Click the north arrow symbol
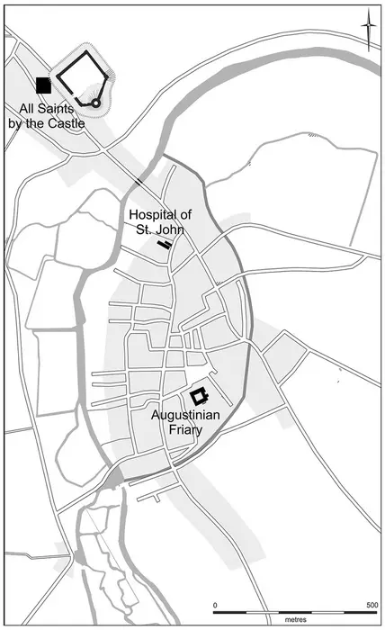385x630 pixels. (x=368, y=32)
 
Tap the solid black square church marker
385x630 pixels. (x=42, y=85)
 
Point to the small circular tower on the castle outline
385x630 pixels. (x=96, y=104)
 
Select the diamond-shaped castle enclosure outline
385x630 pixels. (x=84, y=78)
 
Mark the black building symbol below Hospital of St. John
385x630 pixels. (x=164, y=243)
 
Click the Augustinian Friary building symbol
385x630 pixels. (x=199, y=395)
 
